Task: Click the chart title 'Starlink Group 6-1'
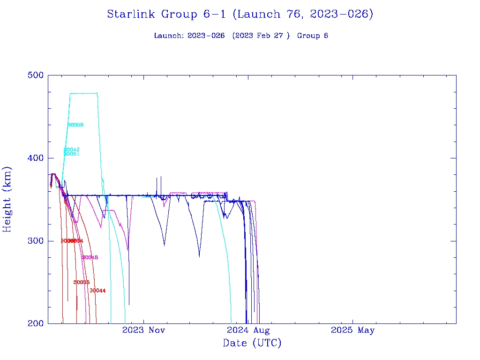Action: click(x=240, y=15)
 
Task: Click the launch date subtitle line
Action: click(x=241, y=36)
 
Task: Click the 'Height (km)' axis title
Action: click(x=7, y=199)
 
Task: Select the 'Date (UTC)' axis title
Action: click(x=252, y=344)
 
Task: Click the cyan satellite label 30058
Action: click(x=75, y=125)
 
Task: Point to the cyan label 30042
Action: click(x=72, y=150)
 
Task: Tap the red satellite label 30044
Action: click(x=97, y=291)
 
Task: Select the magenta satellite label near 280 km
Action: click(x=90, y=257)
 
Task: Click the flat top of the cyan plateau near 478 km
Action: click(x=83, y=93)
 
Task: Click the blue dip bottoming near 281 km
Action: click(x=199, y=256)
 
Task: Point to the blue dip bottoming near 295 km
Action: click(x=164, y=244)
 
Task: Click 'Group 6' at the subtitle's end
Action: click(x=312, y=36)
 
